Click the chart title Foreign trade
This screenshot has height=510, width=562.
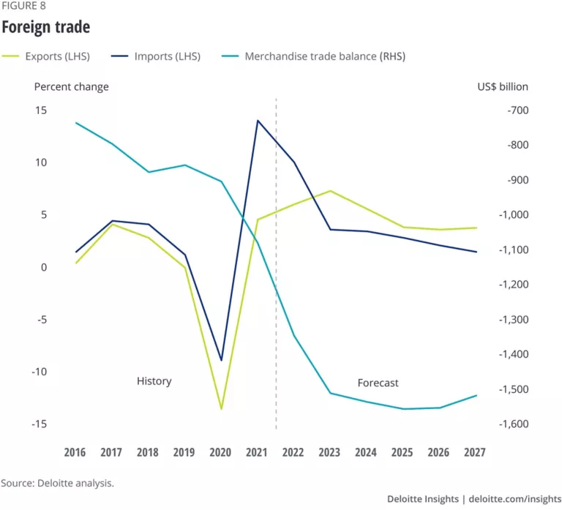(x=45, y=28)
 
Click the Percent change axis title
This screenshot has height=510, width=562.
(x=72, y=86)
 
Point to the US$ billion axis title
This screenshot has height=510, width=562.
(x=502, y=86)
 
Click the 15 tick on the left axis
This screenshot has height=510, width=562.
(x=40, y=110)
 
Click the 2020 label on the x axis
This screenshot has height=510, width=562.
(x=220, y=452)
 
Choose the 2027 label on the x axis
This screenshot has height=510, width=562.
(x=476, y=452)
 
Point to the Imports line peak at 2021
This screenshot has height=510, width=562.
(x=258, y=121)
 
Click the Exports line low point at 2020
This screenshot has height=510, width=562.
(x=221, y=408)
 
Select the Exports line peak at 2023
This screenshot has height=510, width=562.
(x=330, y=191)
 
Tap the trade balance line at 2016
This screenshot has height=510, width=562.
(x=76, y=123)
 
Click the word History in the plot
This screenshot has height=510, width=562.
(x=154, y=381)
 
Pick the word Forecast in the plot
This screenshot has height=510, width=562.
(x=378, y=383)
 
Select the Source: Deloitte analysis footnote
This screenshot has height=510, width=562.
(x=57, y=483)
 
